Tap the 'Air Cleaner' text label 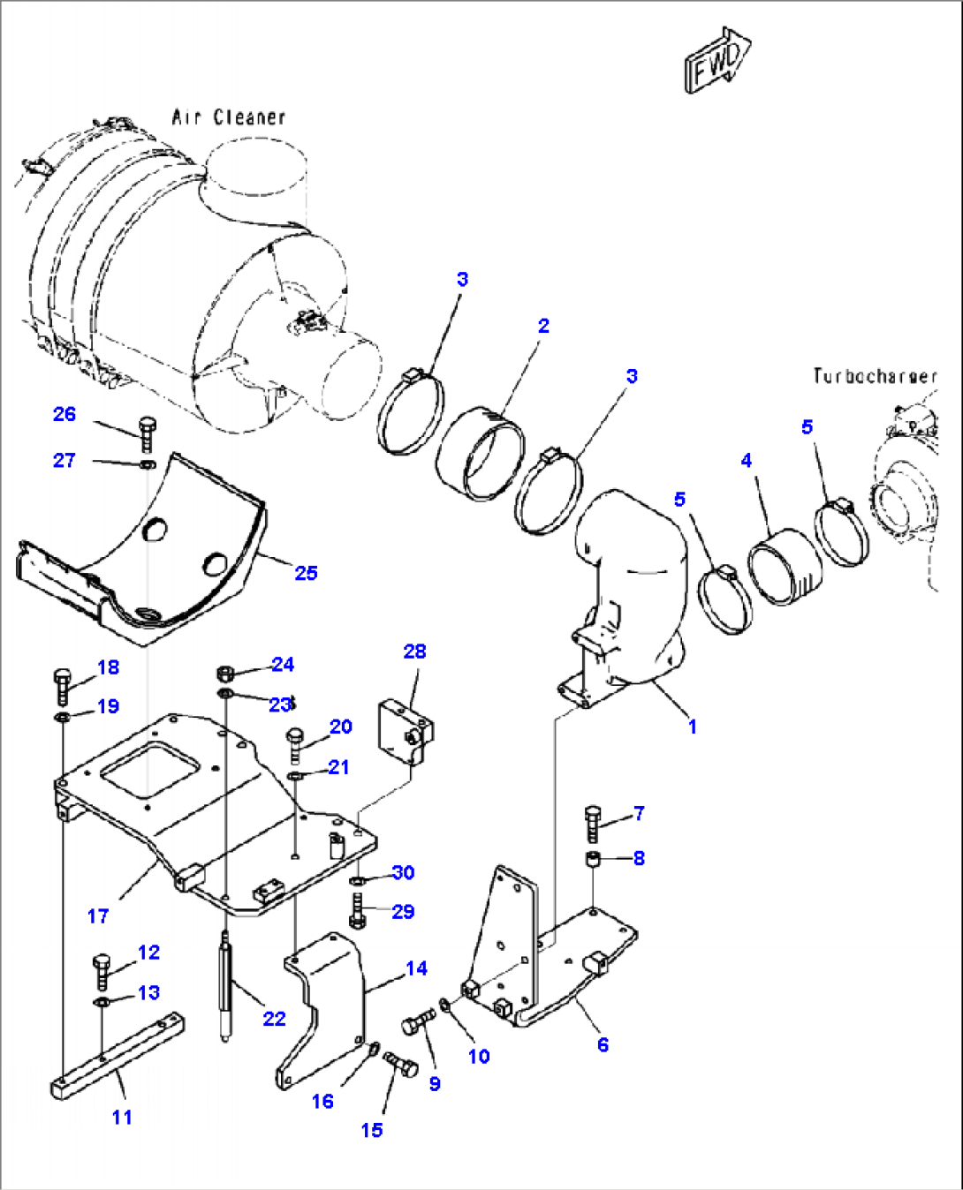[x=229, y=117]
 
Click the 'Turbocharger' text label [x=874, y=376]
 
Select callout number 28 [x=414, y=651]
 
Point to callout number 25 [x=306, y=573]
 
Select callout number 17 [x=98, y=916]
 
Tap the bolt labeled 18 [x=62, y=686]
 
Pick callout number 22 [x=274, y=1019]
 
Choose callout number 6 [x=603, y=1045]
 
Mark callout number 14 [x=416, y=968]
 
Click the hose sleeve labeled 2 [x=481, y=453]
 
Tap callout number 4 [x=747, y=461]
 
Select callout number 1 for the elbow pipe [x=693, y=727]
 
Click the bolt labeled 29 [x=358, y=910]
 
